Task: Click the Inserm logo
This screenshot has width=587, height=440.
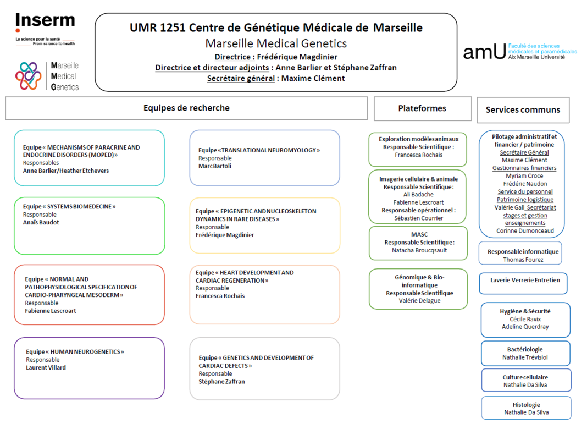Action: pos(45,22)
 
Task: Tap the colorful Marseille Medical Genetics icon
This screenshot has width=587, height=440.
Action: pos(28,76)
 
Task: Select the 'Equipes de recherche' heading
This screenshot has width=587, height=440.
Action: pos(186,108)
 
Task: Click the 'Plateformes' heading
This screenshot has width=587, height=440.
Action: pos(422,108)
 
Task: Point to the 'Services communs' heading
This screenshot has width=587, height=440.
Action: pos(523,109)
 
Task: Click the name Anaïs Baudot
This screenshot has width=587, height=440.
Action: pos(41,222)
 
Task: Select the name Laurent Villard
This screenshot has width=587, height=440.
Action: pos(46,367)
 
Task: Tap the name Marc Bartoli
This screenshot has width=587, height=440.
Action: pos(215,166)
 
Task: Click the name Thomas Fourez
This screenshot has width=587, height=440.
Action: pos(523,260)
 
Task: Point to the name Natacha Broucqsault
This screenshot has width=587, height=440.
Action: pos(419,250)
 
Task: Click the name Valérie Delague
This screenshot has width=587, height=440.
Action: pos(419,301)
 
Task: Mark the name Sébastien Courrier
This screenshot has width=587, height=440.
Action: pos(419,218)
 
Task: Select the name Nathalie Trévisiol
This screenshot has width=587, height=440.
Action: pos(525,358)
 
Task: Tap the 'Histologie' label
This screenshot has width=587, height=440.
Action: pos(526,405)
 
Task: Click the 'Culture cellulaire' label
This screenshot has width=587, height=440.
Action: pos(525,377)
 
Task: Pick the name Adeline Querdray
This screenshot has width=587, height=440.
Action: pos(525,327)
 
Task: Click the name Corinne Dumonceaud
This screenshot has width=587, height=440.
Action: pos(525,231)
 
